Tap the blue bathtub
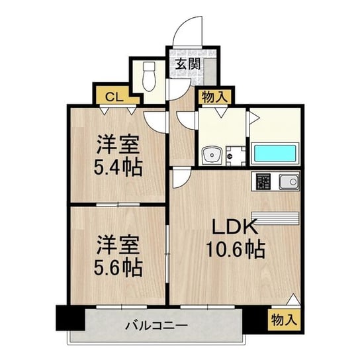point(275,154)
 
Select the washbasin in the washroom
point(212,156)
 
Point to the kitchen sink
point(289,181)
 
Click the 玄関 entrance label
point(188,64)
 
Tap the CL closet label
point(114,97)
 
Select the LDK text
point(234,226)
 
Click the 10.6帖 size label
point(236,249)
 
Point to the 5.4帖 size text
point(118,167)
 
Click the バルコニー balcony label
point(157,326)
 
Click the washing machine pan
point(236,156)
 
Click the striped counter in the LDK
point(275,218)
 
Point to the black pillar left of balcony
point(71,318)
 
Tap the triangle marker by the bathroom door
point(255,118)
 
